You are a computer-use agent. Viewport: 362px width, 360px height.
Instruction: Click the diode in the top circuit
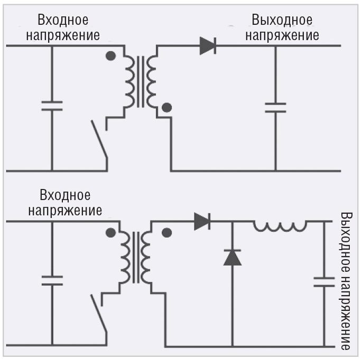click(x=208, y=46)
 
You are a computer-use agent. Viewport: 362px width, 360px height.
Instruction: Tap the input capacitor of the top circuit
click(x=52, y=106)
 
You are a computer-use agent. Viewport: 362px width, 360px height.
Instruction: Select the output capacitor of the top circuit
click(x=275, y=108)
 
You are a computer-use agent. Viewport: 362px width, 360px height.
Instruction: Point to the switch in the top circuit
click(x=99, y=139)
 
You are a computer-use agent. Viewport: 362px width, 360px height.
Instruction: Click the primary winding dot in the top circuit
click(x=110, y=56)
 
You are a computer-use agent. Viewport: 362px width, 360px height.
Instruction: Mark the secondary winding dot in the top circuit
click(x=167, y=108)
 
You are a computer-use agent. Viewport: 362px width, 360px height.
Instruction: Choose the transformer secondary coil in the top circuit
click(x=153, y=82)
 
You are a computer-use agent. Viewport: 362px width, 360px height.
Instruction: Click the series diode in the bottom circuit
click(x=202, y=221)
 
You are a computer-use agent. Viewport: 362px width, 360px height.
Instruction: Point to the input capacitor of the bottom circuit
click(x=52, y=280)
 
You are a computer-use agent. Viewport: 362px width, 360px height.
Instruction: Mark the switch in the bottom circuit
click(x=99, y=314)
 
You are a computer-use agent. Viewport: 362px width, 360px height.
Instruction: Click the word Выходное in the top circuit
click(x=282, y=21)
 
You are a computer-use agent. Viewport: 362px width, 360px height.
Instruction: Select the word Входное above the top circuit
click(x=63, y=21)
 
